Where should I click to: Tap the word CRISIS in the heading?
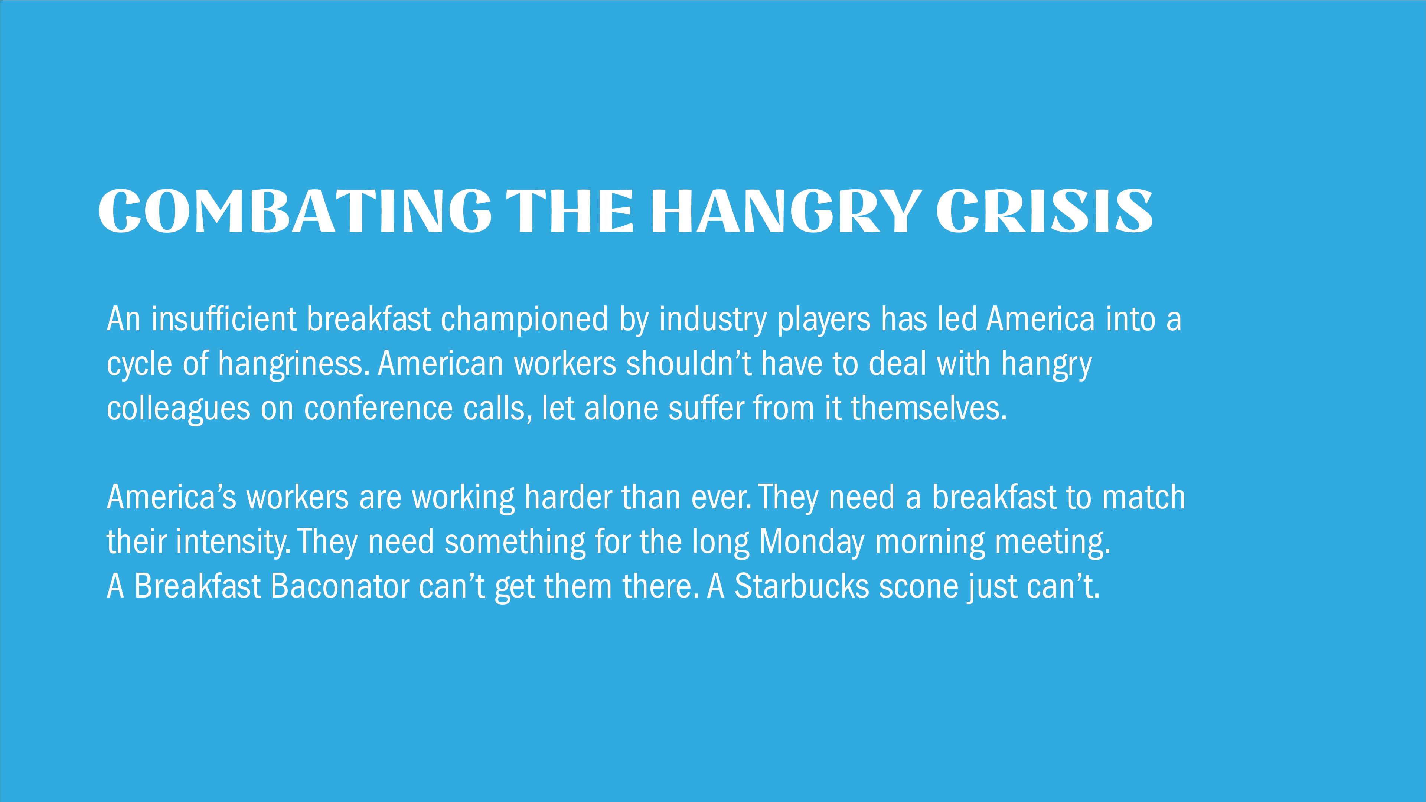(1045, 210)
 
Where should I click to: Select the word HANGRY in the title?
(786, 210)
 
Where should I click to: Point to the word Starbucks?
(802, 586)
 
